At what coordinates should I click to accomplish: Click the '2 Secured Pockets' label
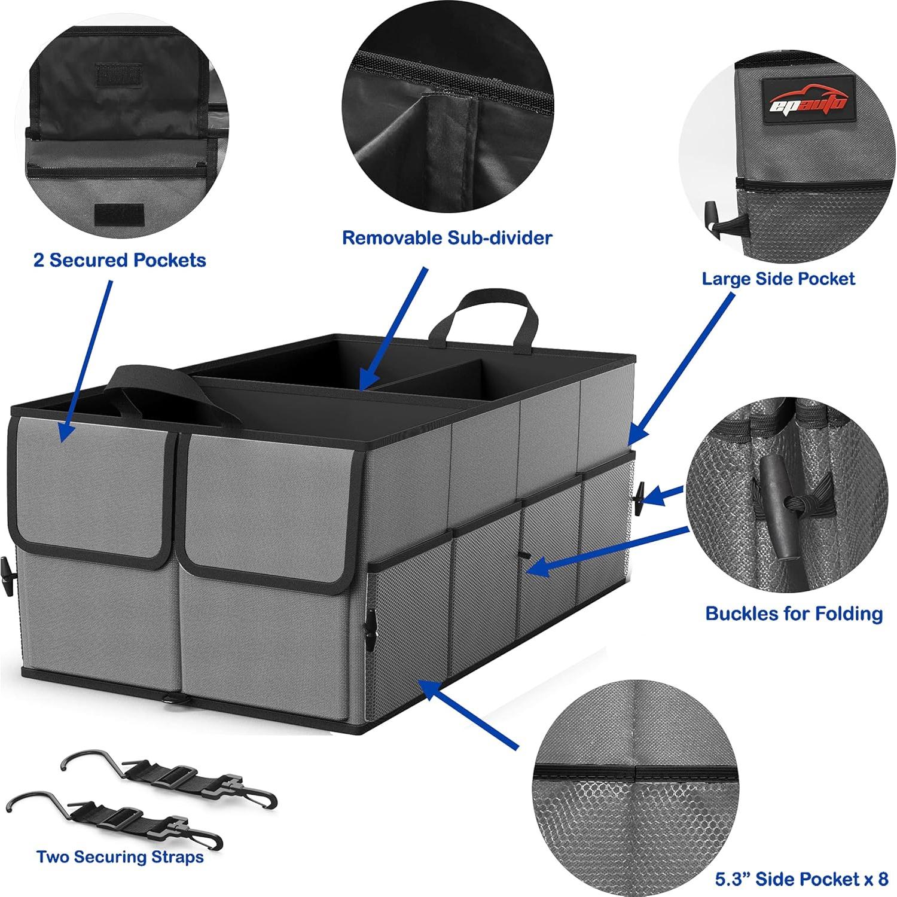click(120, 260)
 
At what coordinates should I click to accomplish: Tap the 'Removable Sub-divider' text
click(447, 237)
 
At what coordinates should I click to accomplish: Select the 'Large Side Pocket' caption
click(778, 279)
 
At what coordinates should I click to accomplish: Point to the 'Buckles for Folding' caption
click(794, 614)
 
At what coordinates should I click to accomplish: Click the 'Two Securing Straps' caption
click(120, 856)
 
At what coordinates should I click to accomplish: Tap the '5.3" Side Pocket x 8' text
click(801, 879)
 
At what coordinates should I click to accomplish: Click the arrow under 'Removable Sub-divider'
click(395, 329)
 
